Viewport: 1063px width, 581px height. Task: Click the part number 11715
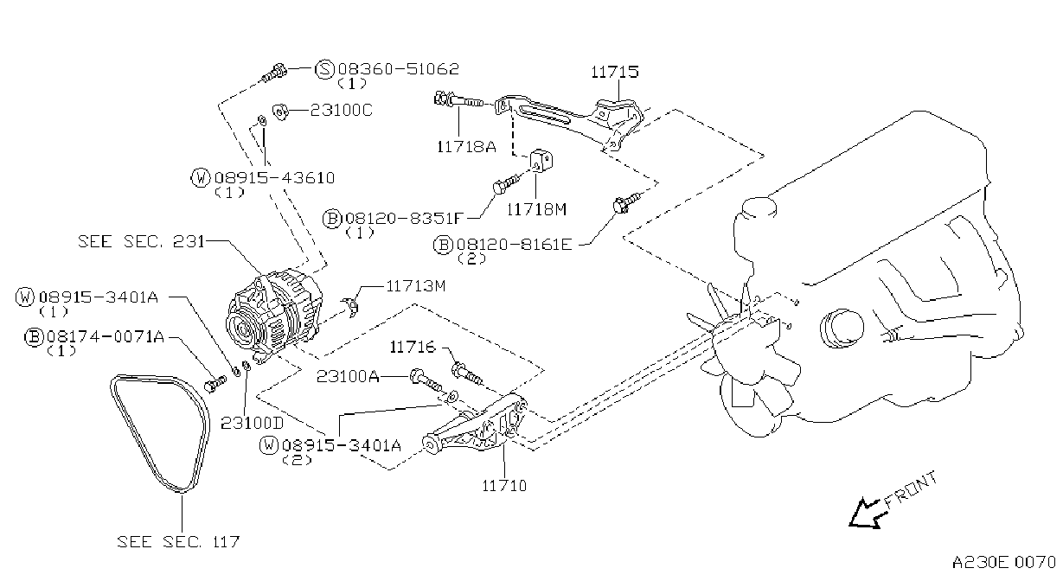[615, 72]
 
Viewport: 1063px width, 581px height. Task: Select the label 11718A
[466, 147]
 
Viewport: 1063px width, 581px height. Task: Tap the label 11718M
[536, 209]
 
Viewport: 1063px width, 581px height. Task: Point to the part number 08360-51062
[399, 69]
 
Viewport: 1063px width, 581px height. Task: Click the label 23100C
[341, 110]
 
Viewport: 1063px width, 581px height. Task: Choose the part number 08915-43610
[275, 178]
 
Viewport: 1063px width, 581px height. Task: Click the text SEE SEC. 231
[141, 241]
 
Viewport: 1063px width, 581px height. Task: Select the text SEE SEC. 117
[178, 541]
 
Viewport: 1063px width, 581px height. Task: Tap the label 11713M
[416, 286]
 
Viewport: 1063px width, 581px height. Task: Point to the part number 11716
[413, 348]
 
